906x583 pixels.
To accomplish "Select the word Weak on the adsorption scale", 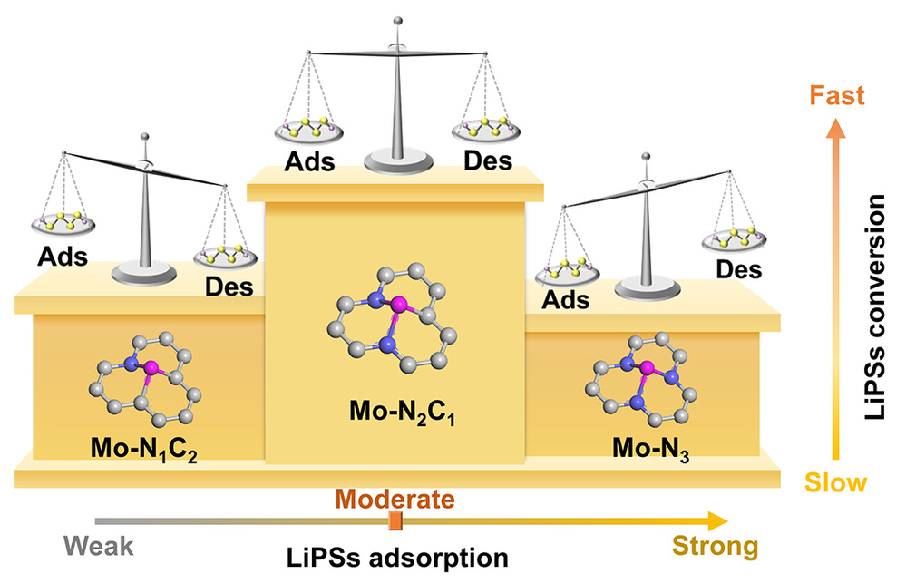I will point(99,546).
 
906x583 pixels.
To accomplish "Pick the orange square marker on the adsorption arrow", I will point(395,520).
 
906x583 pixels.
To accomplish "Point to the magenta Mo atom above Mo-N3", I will point(648,369).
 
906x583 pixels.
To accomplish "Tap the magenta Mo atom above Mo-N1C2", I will point(151,368).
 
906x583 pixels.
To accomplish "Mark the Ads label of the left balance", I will point(62,256).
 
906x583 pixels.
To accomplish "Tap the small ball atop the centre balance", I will point(396,18).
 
